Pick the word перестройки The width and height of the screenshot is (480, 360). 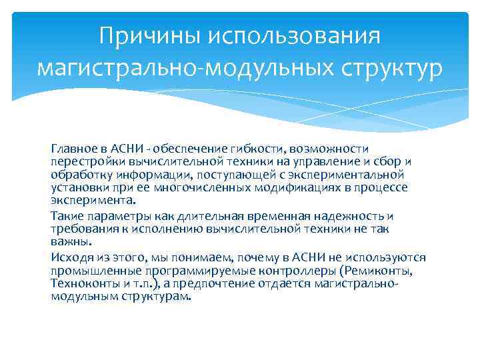point(84,161)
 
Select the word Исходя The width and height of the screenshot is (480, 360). point(70,258)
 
